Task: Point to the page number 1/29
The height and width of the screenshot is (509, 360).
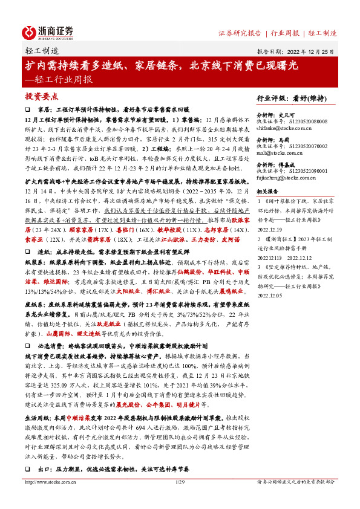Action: [180, 499]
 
